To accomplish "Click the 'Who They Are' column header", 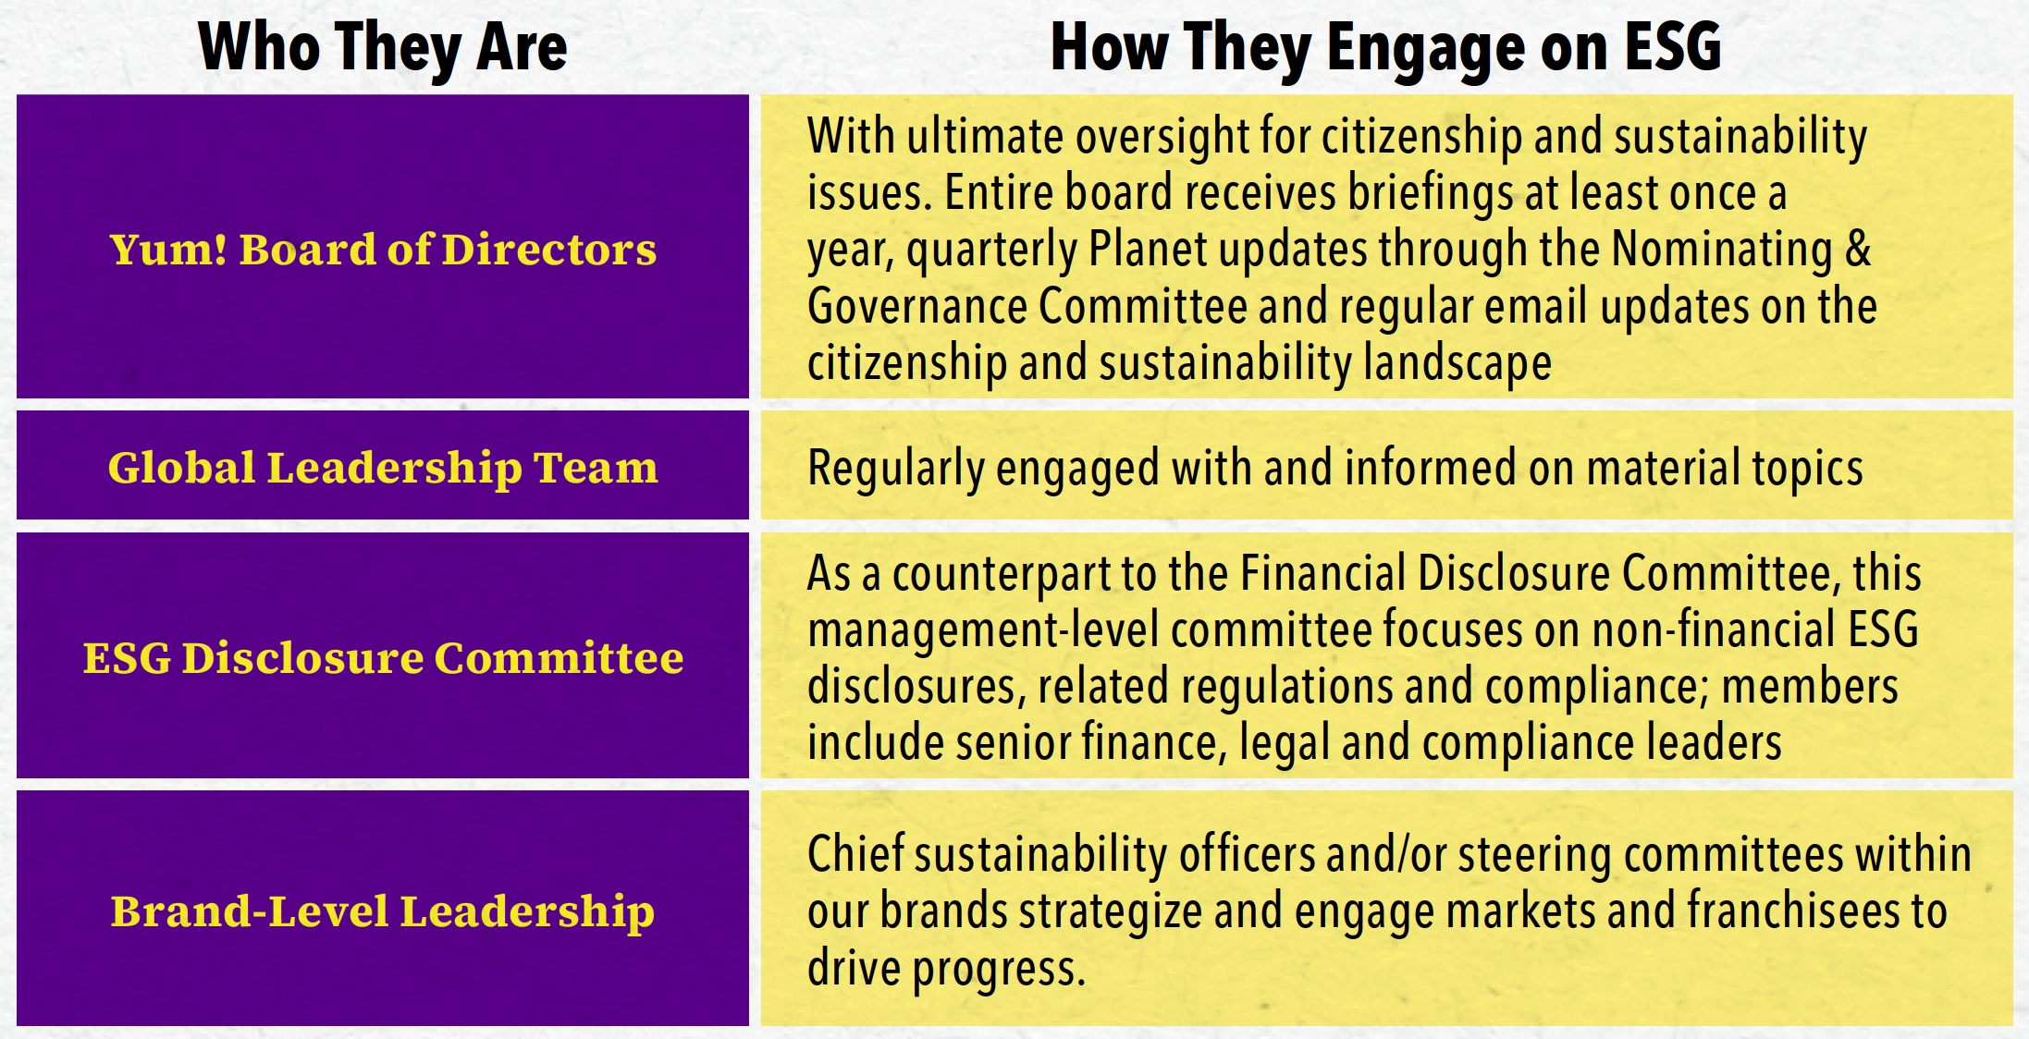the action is (383, 47).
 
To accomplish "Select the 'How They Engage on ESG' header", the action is (1385, 47).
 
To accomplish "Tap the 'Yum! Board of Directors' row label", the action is (383, 250).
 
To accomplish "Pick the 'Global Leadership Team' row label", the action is (383, 468).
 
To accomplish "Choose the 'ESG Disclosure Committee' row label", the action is (383, 658).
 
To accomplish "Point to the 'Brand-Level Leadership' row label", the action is (383, 912).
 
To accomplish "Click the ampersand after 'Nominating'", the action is (1858, 250).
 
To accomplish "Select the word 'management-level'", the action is (983, 630).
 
